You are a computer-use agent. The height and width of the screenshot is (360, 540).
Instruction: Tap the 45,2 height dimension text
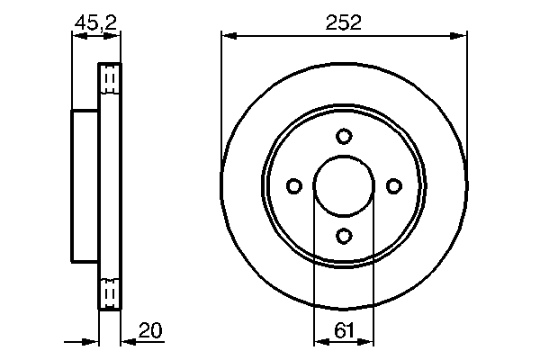click(x=94, y=23)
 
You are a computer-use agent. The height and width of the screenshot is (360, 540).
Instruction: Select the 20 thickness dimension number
click(x=151, y=330)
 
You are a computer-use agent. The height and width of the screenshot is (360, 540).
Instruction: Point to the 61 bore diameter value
click(x=343, y=330)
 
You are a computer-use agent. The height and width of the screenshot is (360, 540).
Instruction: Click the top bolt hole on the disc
click(x=343, y=137)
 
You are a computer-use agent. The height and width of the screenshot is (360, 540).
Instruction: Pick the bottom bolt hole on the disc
click(x=343, y=236)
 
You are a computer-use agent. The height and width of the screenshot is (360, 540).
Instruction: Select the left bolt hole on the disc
click(x=293, y=186)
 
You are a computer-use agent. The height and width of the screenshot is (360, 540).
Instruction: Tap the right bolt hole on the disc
click(x=392, y=186)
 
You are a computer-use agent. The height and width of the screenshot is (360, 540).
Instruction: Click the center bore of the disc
click(x=343, y=186)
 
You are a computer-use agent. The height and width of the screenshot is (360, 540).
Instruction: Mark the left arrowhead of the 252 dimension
click(x=228, y=36)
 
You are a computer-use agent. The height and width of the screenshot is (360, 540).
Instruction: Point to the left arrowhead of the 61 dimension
click(x=319, y=342)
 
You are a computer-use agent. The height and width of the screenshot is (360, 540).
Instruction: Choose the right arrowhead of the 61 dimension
click(x=367, y=342)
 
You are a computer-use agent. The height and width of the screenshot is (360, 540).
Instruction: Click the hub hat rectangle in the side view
click(x=85, y=186)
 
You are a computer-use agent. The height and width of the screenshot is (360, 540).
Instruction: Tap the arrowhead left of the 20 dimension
click(x=92, y=342)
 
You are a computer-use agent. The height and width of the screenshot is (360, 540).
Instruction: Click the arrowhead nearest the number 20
click(x=126, y=342)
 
